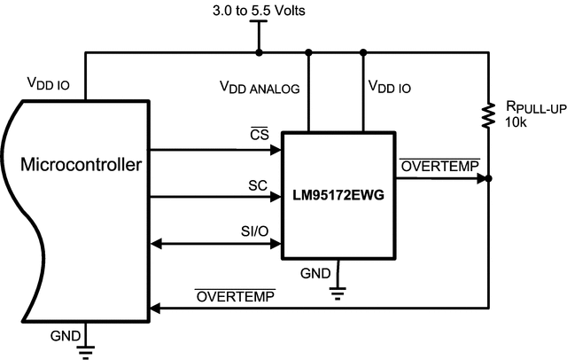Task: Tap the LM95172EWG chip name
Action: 338,193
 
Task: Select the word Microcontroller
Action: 83,164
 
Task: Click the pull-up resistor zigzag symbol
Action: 488,115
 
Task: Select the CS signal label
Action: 260,134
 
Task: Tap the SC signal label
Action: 258,184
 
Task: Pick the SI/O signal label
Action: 254,231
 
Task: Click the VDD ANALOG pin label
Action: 260,88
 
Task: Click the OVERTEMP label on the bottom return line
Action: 235,295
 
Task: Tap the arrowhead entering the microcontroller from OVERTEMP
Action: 157,308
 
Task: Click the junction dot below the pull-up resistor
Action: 489,178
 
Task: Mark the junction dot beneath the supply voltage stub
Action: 259,52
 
